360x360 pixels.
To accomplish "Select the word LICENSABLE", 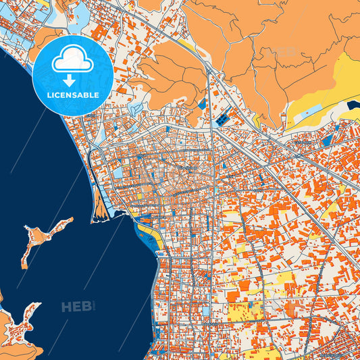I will pyautogui.click(x=72, y=95).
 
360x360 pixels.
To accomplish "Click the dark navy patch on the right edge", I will pyautogui.click(x=354, y=104).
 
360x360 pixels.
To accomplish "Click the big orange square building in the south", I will pyautogui.click(x=233, y=296).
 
